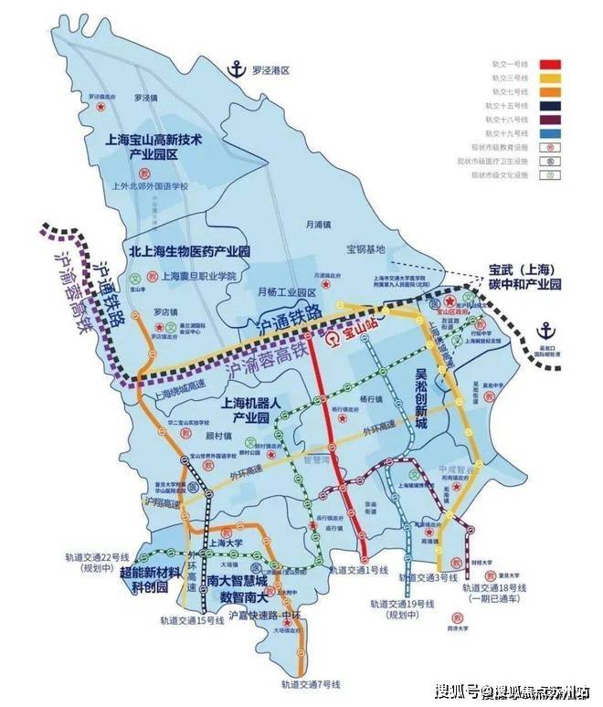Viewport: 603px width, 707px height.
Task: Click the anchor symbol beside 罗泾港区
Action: click(x=237, y=69)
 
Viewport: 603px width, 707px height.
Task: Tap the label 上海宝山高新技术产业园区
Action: click(x=153, y=149)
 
